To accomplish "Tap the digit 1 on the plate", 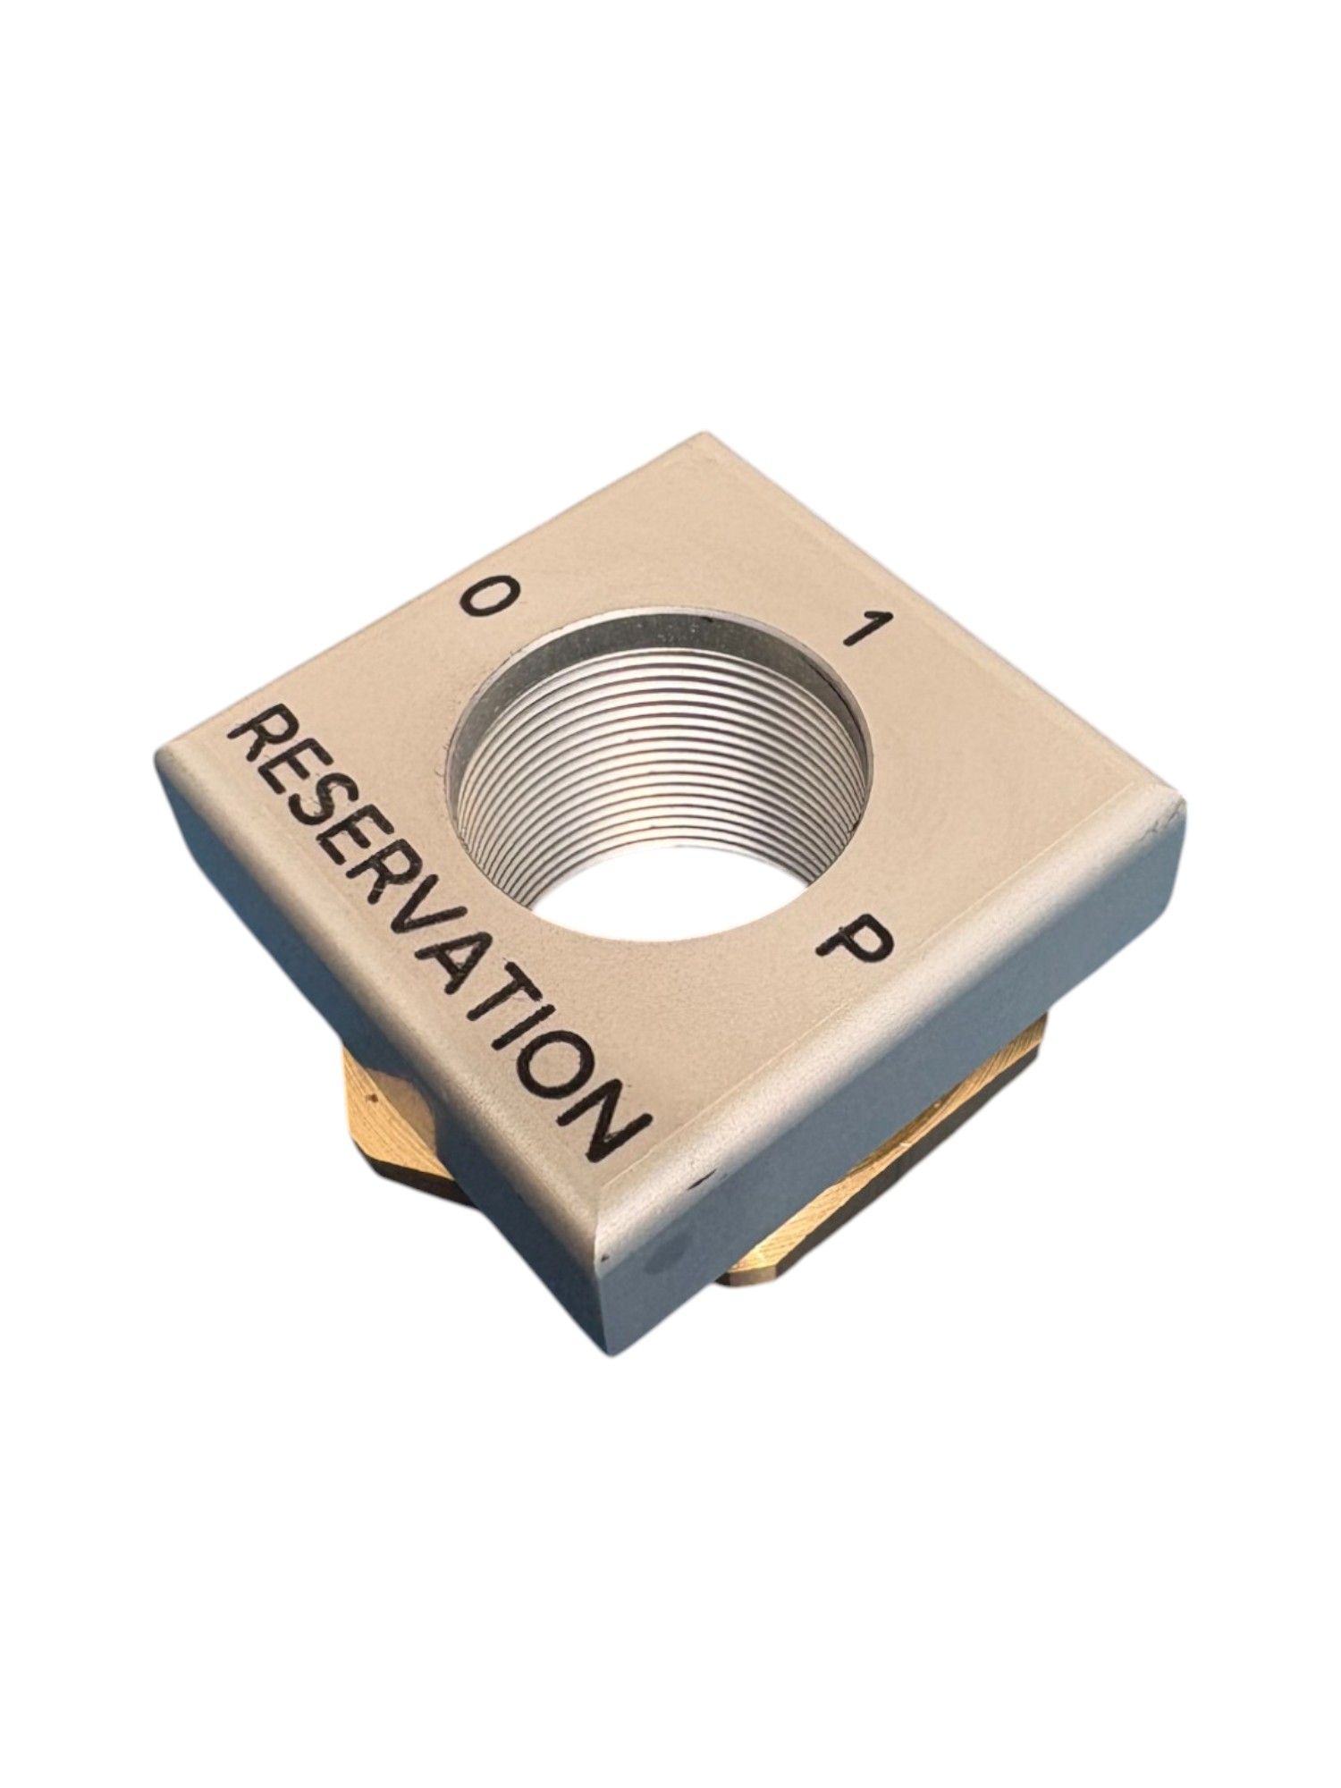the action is click(861, 629).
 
